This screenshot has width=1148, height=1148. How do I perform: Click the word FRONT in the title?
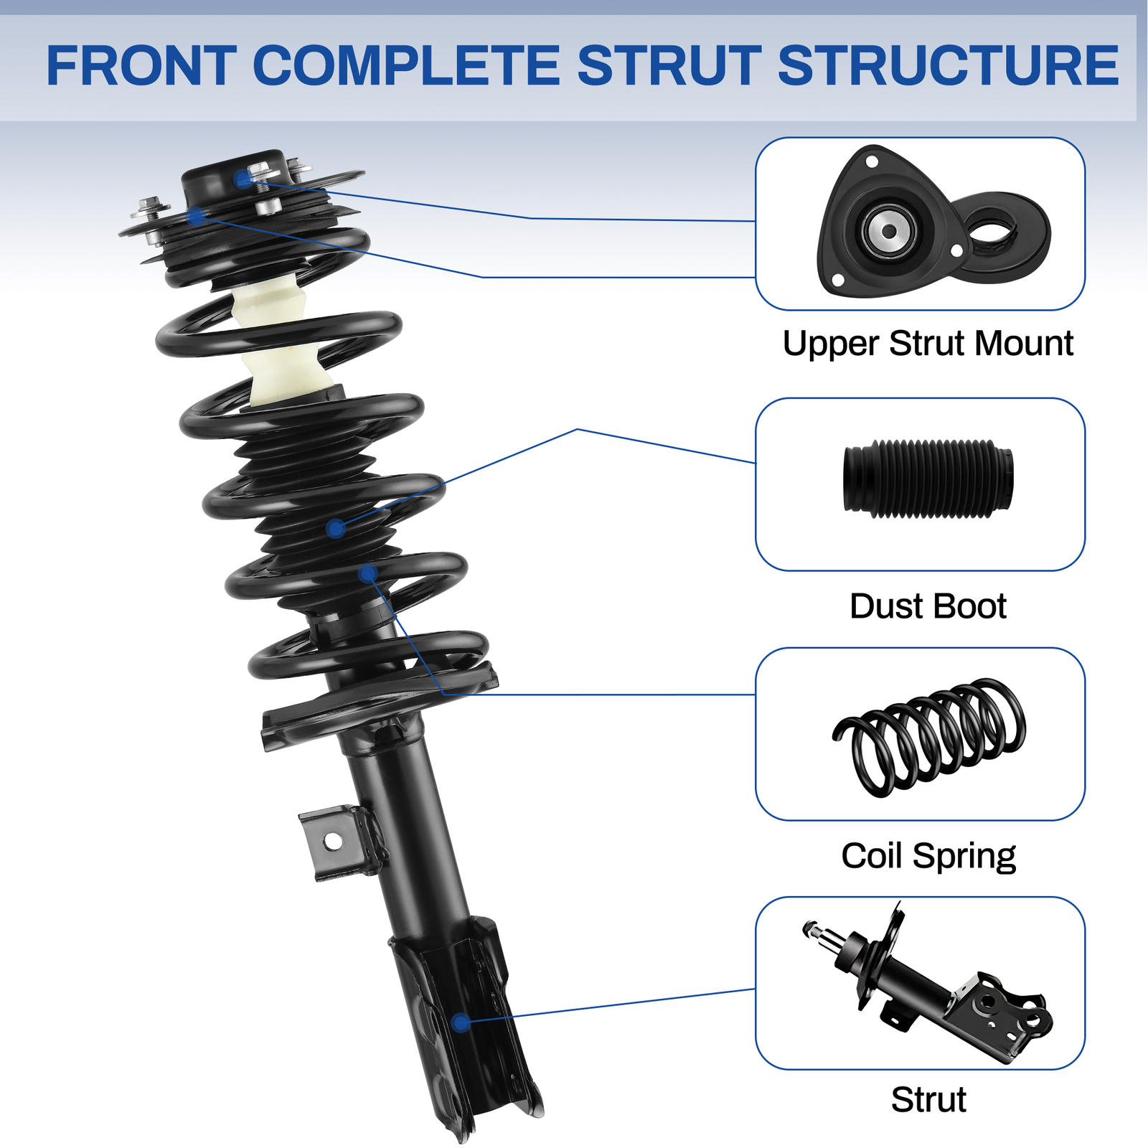click(141, 66)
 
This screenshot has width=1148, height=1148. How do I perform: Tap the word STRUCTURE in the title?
click(948, 66)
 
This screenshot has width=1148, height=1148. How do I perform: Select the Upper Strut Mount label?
click(928, 344)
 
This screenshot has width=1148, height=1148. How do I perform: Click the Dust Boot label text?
click(928, 606)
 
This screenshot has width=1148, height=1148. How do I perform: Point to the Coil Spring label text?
click(928, 856)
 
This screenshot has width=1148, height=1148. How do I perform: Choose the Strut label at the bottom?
click(928, 1099)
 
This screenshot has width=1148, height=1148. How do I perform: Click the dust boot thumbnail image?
click(928, 479)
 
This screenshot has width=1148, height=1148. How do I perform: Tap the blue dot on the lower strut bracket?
click(461, 1022)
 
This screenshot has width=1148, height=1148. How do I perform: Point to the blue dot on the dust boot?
click(335, 530)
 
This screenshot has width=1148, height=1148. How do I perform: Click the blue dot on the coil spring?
click(368, 573)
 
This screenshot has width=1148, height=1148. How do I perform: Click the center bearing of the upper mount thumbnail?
click(889, 231)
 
